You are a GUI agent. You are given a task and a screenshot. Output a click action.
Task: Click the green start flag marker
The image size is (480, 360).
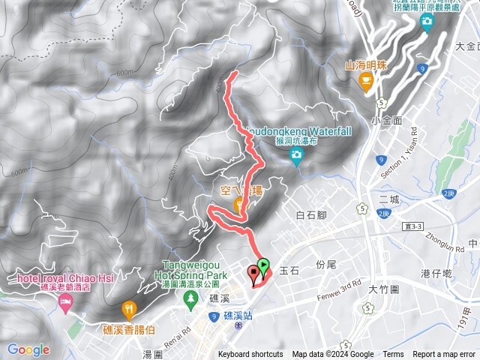click(x=263, y=265)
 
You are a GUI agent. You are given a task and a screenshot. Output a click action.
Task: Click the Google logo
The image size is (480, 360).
click(x=28, y=349)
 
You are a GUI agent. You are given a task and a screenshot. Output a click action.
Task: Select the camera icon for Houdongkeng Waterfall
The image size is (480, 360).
click(x=296, y=156)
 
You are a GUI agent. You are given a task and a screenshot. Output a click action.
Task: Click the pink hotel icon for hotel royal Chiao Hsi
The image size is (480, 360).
click(x=64, y=304)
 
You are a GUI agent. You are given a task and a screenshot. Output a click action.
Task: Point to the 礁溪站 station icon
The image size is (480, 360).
click(x=238, y=327)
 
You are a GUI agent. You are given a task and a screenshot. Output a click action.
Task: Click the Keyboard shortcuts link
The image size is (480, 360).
click(x=250, y=355)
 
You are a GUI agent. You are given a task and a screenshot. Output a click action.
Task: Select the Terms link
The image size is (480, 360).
click(x=393, y=355)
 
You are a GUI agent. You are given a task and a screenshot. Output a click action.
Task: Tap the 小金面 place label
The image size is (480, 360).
click(x=386, y=119)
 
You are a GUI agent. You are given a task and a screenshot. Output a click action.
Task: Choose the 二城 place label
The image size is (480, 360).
click(x=389, y=199)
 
